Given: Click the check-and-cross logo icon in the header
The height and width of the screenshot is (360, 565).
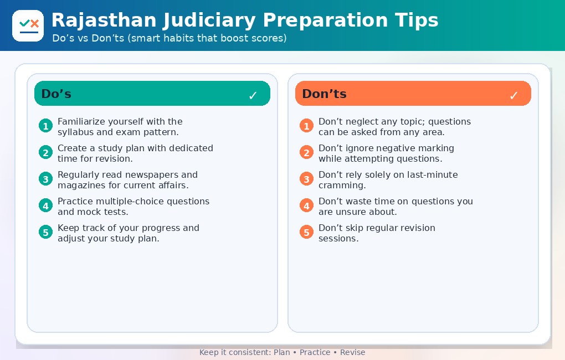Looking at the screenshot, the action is coord(28,25).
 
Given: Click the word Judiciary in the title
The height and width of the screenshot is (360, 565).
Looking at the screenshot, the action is coord(209,20).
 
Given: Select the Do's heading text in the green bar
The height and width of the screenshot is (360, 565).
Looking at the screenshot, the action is coord(56,94).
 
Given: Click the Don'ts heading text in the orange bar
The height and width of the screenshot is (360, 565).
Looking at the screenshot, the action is coord(324,94).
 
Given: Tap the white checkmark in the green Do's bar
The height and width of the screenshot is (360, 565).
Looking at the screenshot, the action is coord(253,95).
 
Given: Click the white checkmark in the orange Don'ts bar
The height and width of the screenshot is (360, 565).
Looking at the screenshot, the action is coord(514,95).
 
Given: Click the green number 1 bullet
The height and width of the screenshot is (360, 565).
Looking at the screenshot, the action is coord(46,126).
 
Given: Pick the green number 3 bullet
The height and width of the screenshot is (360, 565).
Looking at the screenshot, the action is coord(46,179).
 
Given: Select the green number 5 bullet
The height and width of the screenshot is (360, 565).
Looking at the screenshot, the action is coord(46,232).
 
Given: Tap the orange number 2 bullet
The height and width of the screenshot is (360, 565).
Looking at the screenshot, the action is coord(307,152).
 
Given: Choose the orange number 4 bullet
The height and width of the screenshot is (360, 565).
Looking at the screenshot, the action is coord(307,206).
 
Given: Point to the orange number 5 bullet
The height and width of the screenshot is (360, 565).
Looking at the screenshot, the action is coord(307,232).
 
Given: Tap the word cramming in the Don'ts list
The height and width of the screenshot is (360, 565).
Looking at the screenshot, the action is coord(342,186).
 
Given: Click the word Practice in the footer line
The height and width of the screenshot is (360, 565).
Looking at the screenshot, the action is coord(315,352).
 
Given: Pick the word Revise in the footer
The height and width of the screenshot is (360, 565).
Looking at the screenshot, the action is coord(353,352).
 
